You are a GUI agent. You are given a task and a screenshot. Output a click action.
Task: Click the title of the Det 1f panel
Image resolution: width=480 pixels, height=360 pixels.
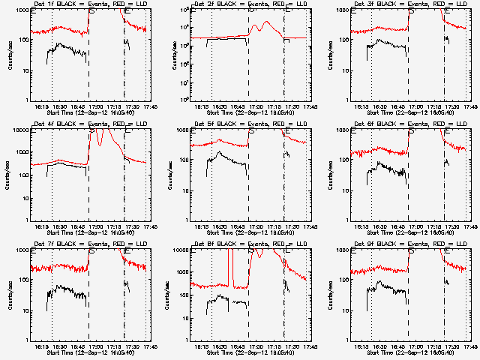[x=90, y=4]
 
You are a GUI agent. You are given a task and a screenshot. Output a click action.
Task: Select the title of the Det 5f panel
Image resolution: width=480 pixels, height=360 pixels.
[x=251, y=124]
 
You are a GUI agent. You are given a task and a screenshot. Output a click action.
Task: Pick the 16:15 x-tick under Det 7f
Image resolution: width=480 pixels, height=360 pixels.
[x=42, y=346]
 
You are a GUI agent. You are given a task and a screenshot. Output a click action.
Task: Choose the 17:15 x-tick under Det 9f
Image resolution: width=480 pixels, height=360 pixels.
[x=435, y=346]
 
